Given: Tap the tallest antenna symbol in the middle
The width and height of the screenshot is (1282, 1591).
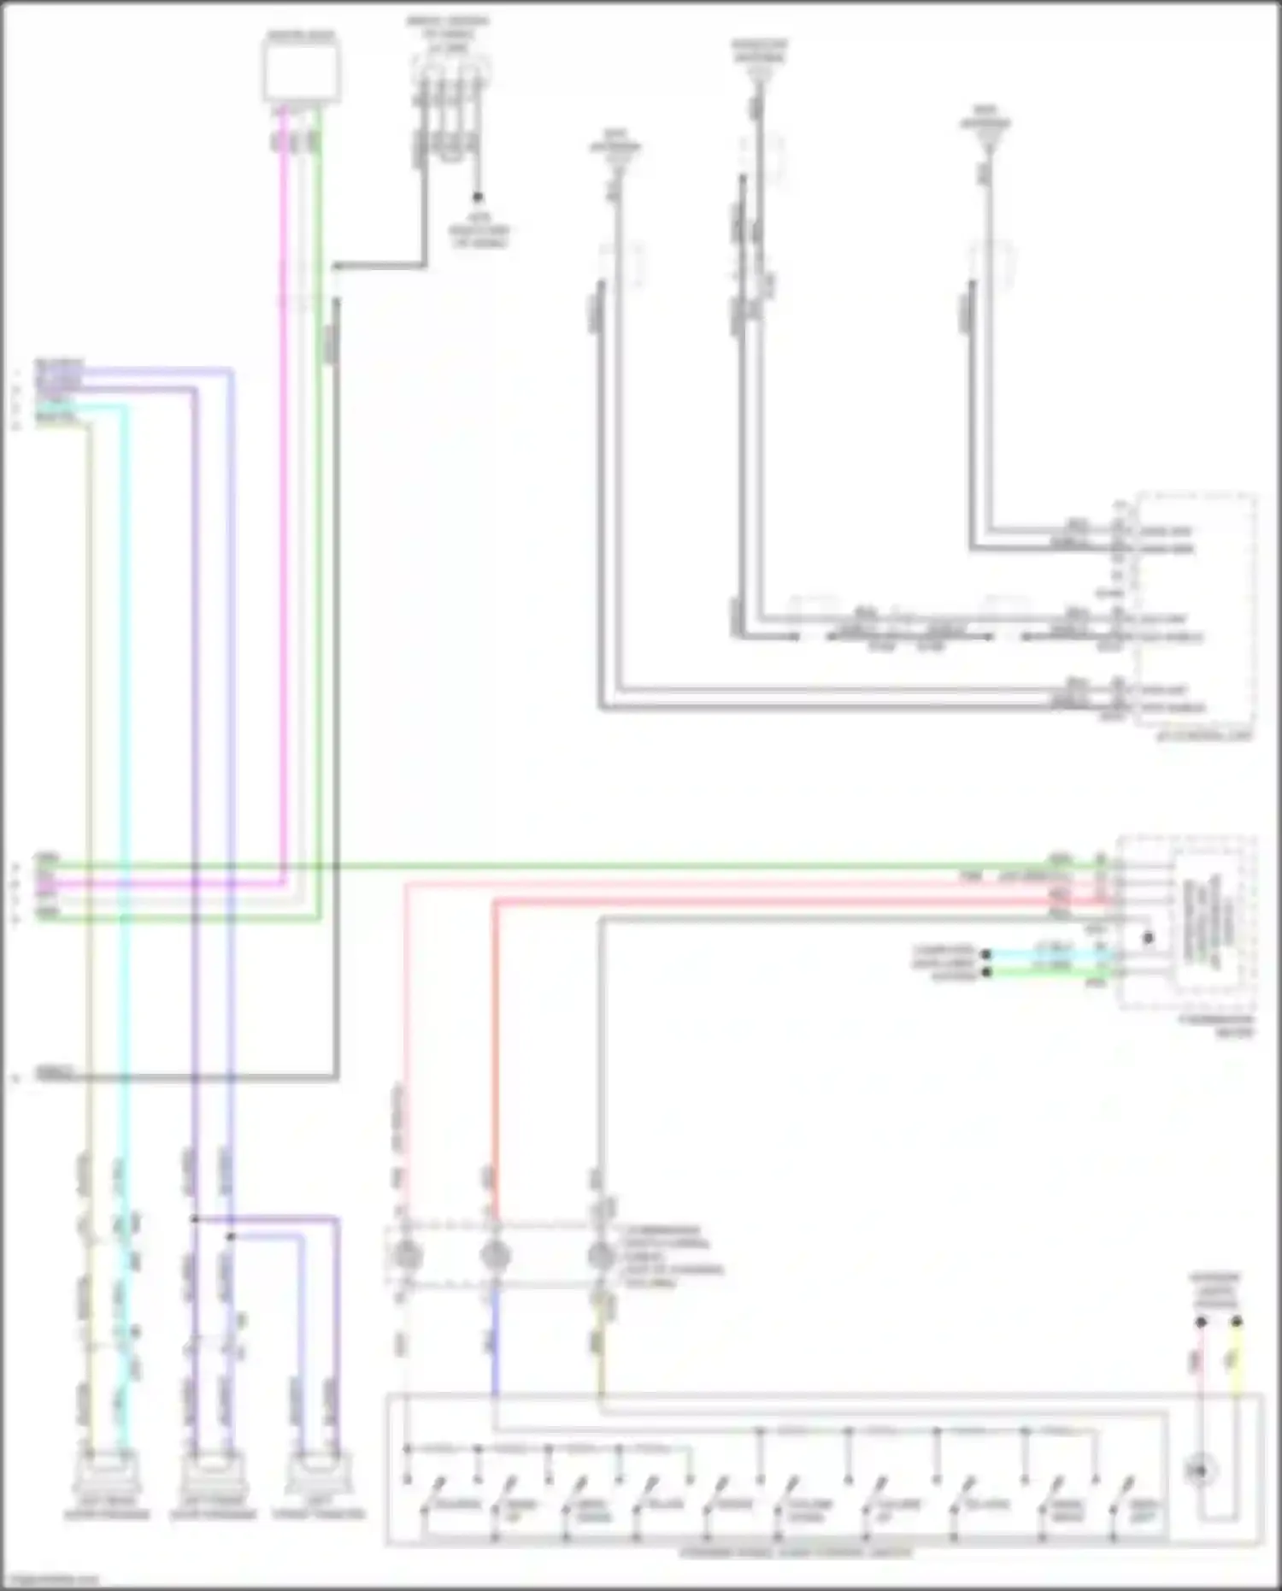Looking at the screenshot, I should point(758,74).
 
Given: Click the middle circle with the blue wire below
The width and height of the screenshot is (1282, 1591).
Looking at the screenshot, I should point(495,1256).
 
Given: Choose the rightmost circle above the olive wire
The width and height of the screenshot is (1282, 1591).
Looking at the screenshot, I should point(602,1256).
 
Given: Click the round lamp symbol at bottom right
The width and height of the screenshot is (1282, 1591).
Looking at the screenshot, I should point(1200,1471).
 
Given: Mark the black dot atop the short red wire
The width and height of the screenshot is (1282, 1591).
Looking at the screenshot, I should point(1200,1323).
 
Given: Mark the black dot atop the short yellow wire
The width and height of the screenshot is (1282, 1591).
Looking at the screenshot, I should point(1236,1323).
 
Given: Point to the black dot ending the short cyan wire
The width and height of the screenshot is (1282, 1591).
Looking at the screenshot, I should point(986,954).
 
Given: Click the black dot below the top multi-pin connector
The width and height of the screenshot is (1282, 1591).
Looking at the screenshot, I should point(478,197).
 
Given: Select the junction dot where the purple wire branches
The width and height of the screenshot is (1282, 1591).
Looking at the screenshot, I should point(195,1219).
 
